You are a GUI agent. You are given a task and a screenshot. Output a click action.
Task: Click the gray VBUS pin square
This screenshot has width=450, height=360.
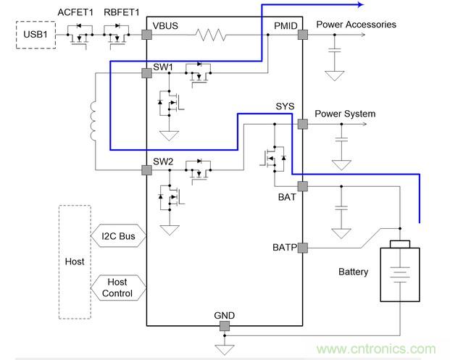pos(146,35)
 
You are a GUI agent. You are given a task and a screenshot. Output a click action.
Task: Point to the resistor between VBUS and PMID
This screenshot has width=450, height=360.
pos(214,35)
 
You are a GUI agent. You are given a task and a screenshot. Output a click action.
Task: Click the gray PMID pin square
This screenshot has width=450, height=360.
pos(302,35)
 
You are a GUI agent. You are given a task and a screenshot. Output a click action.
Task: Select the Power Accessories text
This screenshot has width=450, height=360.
pos(356,25)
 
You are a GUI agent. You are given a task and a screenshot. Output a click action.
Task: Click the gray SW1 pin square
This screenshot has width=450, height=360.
pos(146,73)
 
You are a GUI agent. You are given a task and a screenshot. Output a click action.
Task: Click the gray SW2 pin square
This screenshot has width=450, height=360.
pos(146,170)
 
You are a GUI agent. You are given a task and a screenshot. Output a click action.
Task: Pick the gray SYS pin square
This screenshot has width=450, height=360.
pos(302,124)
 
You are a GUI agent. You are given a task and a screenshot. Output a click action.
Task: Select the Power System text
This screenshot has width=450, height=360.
pos(345,114)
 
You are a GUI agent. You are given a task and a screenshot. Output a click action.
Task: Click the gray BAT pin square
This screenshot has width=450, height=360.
pos(302,186)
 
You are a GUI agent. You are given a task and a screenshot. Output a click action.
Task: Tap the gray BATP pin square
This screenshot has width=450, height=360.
pos(302,248)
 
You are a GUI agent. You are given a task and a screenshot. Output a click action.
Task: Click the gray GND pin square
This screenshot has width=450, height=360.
pos(225,327)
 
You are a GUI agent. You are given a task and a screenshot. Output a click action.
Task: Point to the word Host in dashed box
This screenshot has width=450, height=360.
pos(75,261)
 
